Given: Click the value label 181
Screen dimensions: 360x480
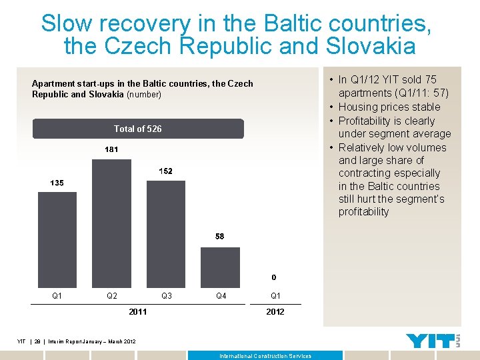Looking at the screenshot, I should click(x=111, y=149).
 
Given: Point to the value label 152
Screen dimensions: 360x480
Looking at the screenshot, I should click(x=165, y=171).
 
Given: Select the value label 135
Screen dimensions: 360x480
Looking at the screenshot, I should click(x=57, y=183).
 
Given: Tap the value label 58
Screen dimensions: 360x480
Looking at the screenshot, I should click(x=220, y=236).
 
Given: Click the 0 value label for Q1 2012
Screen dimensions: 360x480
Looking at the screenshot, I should click(x=274, y=277).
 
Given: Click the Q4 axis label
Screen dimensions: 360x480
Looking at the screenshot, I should click(x=220, y=295).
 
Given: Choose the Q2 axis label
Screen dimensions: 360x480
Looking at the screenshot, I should click(x=111, y=295).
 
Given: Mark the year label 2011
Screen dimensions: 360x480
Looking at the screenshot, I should click(x=138, y=311).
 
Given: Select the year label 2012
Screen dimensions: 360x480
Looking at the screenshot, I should click(x=274, y=311).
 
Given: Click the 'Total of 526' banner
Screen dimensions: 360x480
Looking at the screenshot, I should click(x=138, y=129).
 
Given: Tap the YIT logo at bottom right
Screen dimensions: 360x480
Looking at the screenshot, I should click(x=433, y=341).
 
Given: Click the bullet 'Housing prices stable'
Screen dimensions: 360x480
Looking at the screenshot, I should click(x=389, y=107).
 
